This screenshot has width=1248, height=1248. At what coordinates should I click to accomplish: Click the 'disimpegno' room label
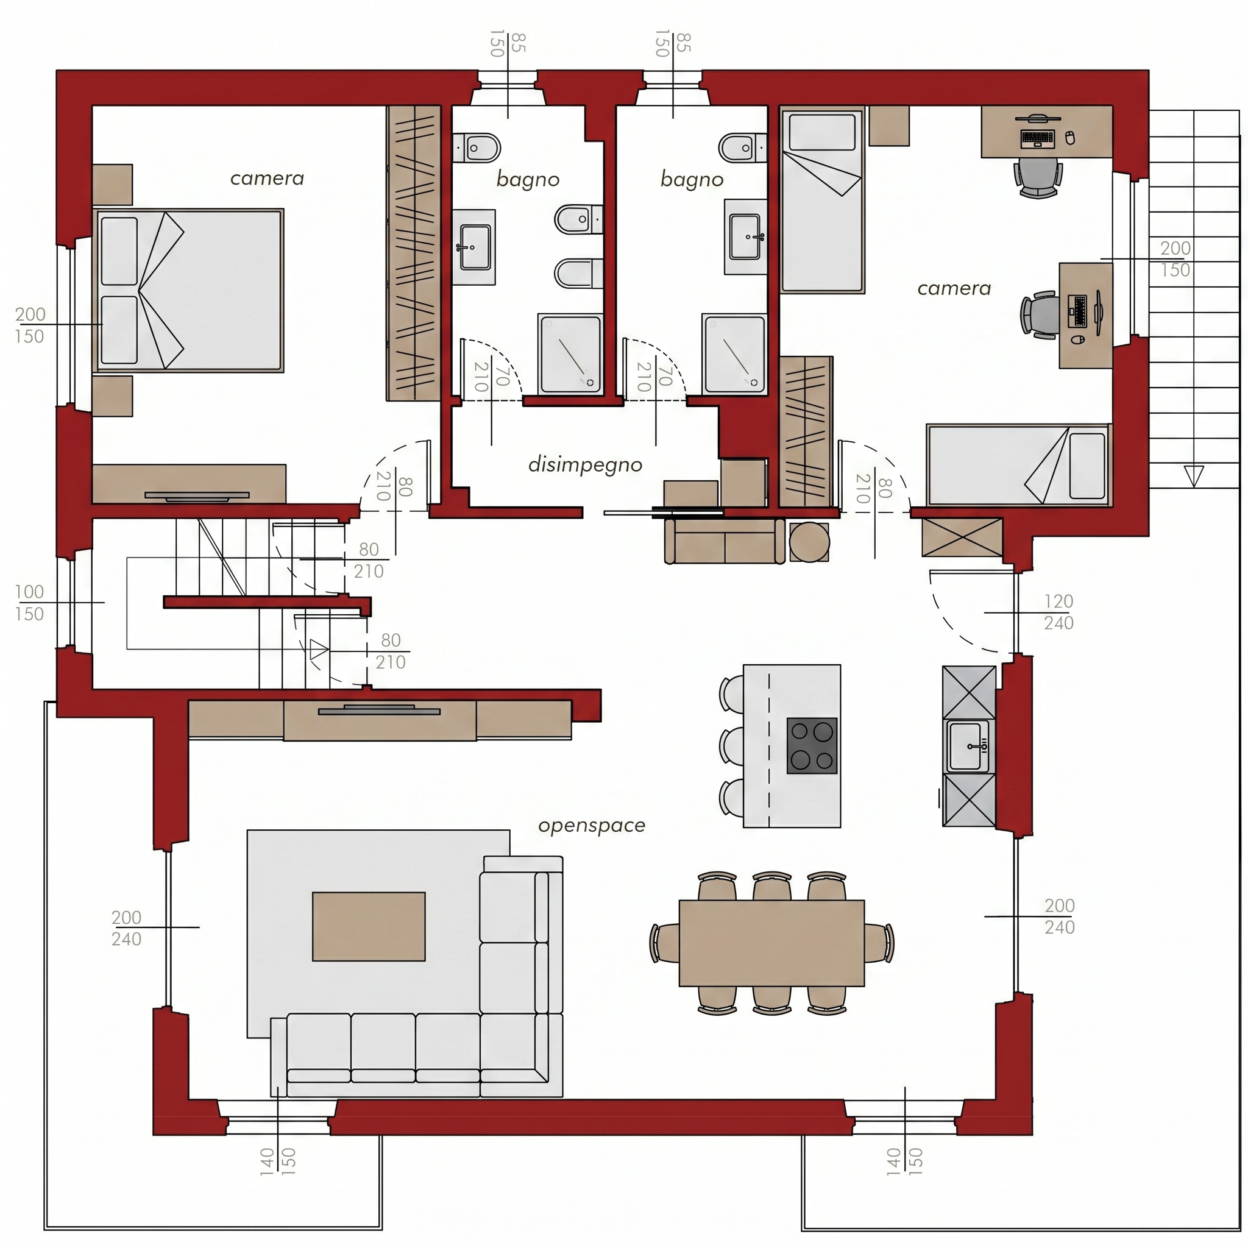point(585,465)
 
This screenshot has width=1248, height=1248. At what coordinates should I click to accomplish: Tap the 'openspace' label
point(592,826)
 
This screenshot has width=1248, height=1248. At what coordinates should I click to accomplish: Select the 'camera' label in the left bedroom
point(267,179)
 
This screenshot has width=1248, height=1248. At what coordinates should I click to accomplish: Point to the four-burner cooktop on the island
point(812,745)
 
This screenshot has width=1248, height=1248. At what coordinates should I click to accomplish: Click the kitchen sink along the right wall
point(968,746)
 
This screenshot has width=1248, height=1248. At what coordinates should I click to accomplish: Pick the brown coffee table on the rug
point(369,926)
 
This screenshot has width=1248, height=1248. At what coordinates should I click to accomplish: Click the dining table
point(772,943)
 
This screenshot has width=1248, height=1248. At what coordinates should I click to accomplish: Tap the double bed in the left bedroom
point(189,290)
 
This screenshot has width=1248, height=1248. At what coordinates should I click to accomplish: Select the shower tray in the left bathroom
point(570,354)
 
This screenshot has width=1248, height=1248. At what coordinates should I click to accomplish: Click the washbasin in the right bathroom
point(745,237)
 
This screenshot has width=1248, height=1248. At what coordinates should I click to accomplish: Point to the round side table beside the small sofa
point(809,541)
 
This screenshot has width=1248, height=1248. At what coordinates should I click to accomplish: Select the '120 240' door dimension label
point(1058,612)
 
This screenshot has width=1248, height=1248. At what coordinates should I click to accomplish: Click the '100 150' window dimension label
point(30,603)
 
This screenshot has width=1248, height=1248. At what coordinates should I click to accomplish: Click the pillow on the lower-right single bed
point(1087,466)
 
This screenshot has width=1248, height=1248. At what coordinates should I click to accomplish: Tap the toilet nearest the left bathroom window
point(476,149)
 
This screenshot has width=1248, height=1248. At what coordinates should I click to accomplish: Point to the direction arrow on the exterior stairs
point(1194,476)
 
